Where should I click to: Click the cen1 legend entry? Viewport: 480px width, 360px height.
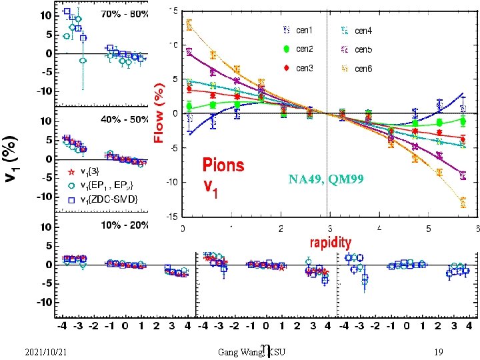tap(304, 30)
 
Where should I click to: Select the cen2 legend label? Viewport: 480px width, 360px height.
tap(304, 49)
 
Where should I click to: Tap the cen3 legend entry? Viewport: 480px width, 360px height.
tap(304, 68)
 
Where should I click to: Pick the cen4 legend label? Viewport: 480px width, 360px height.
tap(363, 30)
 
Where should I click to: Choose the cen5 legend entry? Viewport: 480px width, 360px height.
tap(363, 49)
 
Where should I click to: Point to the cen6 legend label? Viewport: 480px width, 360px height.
tap(363, 68)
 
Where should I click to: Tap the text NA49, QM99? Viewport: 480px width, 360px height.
tap(326, 179)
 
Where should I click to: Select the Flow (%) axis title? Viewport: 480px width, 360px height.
tap(159, 113)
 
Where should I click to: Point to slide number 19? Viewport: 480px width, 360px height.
tap(438, 351)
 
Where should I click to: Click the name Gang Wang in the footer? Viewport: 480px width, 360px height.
tap(241, 351)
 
